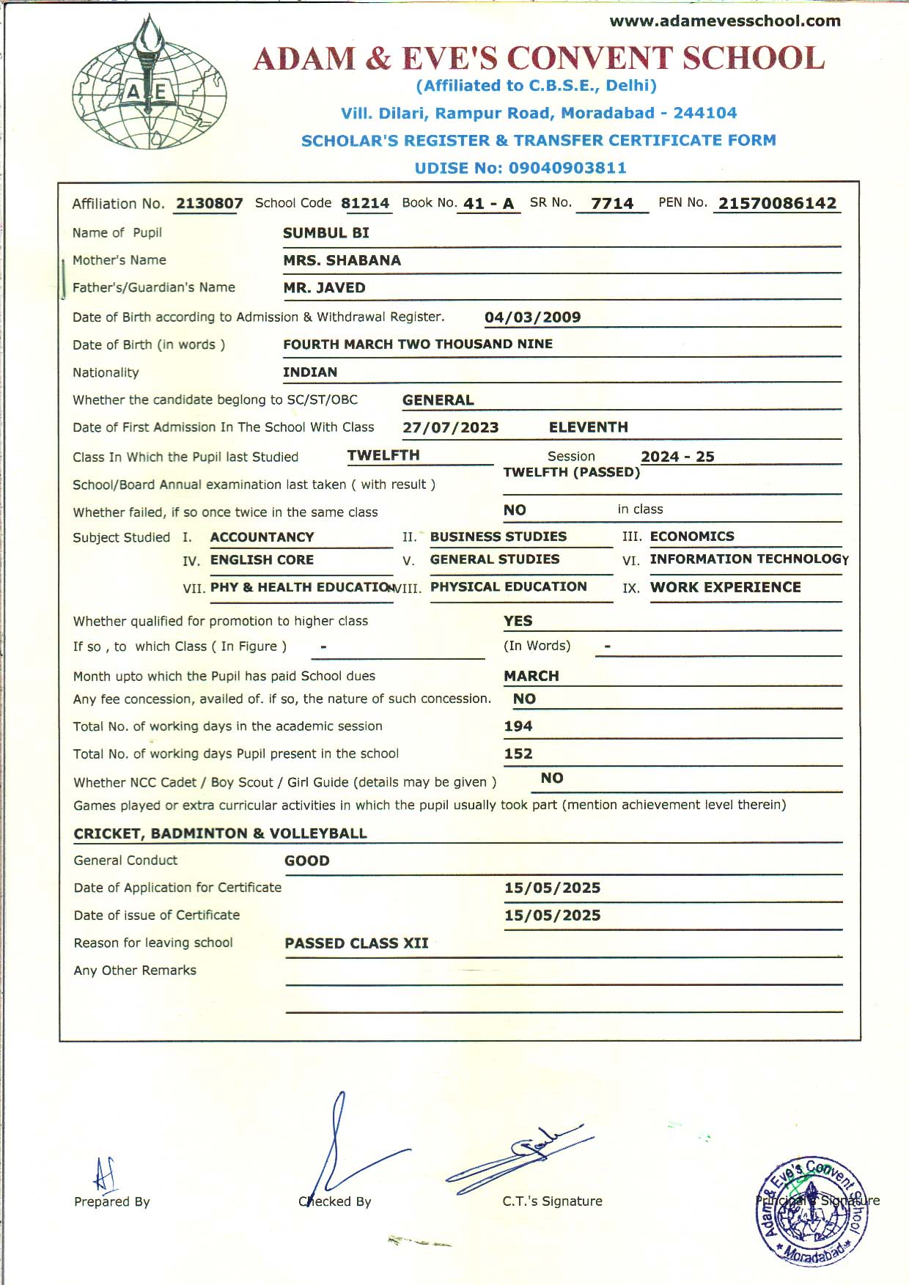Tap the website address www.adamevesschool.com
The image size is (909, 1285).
[724, 21]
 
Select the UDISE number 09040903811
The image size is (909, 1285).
[567, 168]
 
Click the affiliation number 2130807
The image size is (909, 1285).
[209, 203]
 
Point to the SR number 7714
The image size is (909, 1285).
[612, 203]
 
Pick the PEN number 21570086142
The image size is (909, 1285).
[777, 203]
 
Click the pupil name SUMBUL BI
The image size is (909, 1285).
[326, 233]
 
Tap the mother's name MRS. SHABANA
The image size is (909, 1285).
[342, 260]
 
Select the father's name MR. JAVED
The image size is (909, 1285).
[324, 287]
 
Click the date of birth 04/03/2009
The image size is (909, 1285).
[532, 317]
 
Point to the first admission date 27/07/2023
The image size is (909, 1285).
[450, 427]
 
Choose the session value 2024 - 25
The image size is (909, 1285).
[677, 457]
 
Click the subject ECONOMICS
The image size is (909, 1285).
[692, 536]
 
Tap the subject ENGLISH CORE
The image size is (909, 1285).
[262, 560]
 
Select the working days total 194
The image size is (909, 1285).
[518, 726]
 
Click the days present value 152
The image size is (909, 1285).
[518, 754]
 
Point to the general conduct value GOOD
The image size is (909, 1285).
[306, 861]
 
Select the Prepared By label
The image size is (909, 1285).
[111, 1201]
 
